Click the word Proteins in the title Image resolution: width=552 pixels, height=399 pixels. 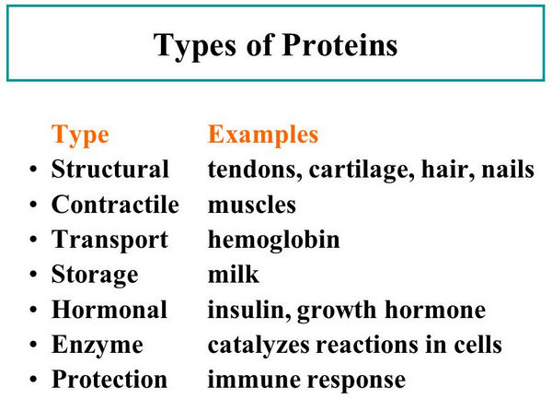tap(339, 45)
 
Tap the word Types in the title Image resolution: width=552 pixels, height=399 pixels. tap(195, 48)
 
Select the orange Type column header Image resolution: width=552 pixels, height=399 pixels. tap(80, 136)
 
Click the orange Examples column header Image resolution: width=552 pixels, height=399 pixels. tap(263, 135)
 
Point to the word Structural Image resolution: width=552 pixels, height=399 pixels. tap(110, 169)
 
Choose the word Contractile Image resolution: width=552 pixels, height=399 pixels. tap(116, 204)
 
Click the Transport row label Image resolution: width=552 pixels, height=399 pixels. tap(109, 241)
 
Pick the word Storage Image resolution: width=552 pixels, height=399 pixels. tap(95, 276)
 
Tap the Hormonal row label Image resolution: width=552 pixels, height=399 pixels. tap(109, 310)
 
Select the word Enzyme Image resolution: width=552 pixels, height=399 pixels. tap(98, 346)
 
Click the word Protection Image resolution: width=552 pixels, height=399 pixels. tap(109, 380)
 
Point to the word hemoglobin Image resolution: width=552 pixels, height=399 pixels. tap(274, 241)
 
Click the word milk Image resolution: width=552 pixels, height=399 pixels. tap(234, 274)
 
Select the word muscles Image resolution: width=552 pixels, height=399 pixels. tap(252, 204)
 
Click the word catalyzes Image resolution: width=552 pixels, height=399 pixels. tap(259, 346)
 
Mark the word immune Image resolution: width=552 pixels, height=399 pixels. tap(255, 380)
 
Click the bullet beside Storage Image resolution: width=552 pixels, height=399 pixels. tap(33, 275)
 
